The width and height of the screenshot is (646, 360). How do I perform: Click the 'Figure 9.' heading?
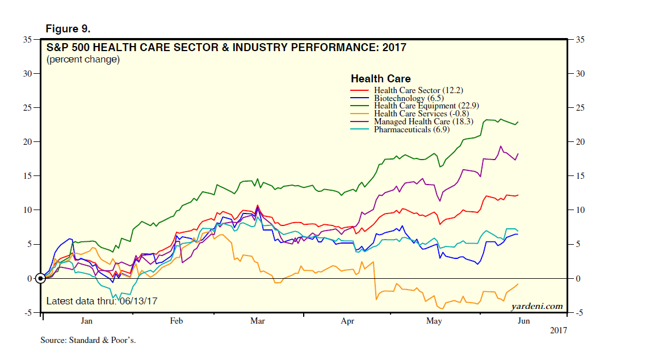[x=68, y=28]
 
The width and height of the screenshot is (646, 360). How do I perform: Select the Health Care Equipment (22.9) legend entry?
[x=423, y=106]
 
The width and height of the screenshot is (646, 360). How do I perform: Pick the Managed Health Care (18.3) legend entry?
[x=420, y=122]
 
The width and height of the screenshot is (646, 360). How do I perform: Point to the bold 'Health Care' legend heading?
[x=380, y=79]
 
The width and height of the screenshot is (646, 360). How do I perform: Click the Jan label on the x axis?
[x=86, y=321]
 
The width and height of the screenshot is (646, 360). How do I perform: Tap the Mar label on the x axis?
[x=258, y=321]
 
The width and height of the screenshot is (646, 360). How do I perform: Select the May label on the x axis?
[x=434, y=321]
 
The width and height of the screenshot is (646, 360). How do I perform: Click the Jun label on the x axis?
[x=523, y=321]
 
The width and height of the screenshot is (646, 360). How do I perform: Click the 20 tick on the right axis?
[x=580, y=142]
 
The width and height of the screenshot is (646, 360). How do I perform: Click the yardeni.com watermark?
[x=536, y=307]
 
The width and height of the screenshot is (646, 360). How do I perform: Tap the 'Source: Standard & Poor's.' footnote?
[x=88, y=340]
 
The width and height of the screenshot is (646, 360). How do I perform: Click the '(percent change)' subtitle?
[x=83, y=60]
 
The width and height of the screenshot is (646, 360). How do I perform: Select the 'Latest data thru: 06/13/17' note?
[x=101, y=301]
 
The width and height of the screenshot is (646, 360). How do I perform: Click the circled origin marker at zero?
[x=40, y=278]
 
